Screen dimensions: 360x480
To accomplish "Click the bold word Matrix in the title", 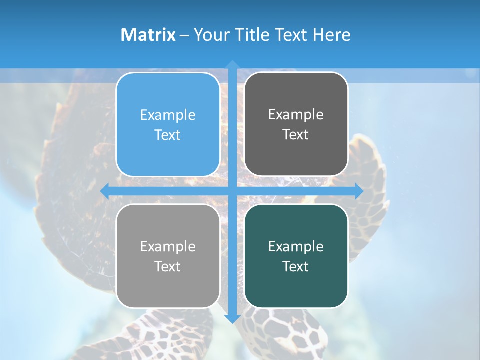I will click(148, 35).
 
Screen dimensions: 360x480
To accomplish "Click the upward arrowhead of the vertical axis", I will click(232, 64).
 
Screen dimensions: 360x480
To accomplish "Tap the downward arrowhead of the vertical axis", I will click(232, 318).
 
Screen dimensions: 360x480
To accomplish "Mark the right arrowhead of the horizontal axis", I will click(359, 191).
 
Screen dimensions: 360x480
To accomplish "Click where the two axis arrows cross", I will click(232, 191).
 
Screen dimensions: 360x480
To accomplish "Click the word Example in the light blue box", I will click(168, 115).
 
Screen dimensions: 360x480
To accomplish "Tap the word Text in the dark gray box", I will click(296, 135).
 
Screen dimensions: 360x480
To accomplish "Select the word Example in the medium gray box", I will click(168, 247).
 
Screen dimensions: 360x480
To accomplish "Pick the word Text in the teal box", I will click(296, 267).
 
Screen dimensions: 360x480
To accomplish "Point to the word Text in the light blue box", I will click(168, 135).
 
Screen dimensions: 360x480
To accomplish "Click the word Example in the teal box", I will click(296, 247).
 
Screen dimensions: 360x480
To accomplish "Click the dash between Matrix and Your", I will click(184, 35).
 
